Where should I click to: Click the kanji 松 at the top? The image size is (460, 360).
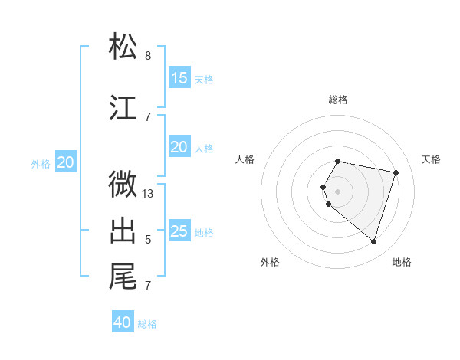[123, 47]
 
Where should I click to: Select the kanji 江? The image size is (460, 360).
[123, 108]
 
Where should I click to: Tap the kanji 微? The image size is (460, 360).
[123, 185]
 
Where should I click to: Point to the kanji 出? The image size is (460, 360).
[123, 231]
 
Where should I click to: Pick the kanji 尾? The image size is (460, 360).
[123, 277]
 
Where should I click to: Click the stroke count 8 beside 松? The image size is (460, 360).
[148, 56]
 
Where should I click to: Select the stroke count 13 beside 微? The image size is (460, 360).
[148, 194]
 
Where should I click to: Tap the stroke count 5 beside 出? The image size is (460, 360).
[148, 240]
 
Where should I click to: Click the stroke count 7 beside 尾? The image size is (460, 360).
[148, 286]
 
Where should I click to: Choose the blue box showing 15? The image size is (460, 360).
[179, 78]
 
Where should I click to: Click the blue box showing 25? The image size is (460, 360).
[179, 231]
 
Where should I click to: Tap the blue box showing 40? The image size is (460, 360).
[123, 322]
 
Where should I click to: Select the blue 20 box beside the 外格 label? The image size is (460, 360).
[66, 162]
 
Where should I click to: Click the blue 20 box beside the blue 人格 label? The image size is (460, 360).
[179, 147]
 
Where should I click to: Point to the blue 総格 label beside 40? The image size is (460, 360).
[148, 324]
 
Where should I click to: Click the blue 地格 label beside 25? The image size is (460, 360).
[205, 233]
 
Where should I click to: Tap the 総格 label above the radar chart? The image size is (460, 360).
[338, 100]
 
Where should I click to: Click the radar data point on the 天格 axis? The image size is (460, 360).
[396, 172]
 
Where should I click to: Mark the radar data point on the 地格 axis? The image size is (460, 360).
[373, 241]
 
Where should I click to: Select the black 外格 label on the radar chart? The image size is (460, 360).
[270, 262]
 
